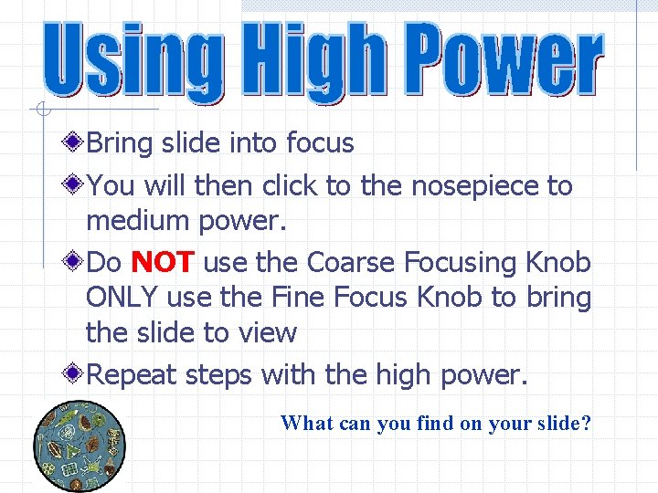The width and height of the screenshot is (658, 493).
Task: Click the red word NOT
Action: pyautogui.click(x=163, y=263)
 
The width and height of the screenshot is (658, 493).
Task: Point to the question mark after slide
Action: pyautogui.click(x=586, y=424)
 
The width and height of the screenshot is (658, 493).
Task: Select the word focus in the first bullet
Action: pyautogui.click(x=320, y=143)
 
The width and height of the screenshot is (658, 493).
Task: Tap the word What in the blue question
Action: pyautogui.click(x=306, y=424)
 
